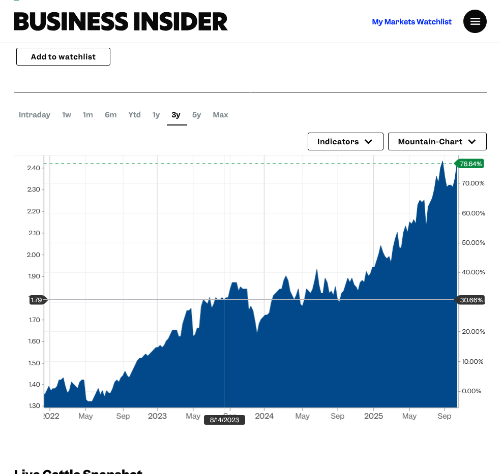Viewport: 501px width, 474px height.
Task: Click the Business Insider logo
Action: pos(121,21)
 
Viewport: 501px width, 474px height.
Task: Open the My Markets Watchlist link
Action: pos(411,22)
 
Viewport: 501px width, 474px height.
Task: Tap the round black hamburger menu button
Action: pos(475,21)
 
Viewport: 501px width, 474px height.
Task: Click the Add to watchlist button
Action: pos(63,56)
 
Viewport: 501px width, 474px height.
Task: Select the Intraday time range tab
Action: pos(35,115)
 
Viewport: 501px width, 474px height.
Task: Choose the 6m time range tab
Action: pos(110,115)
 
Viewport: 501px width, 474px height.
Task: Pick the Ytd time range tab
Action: pos(134,115)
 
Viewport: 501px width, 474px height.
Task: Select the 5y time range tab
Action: pos(196,115)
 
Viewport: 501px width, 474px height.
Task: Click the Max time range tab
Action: pos(220,115)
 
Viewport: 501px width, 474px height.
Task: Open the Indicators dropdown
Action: pos(345,142)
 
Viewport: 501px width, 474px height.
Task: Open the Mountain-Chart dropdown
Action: pos(437,142)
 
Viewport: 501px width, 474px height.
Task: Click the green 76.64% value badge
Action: pos(470,164)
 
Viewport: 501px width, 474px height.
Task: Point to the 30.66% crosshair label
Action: pos(471,300)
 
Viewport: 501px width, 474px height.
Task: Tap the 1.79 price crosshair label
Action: pos(37,300)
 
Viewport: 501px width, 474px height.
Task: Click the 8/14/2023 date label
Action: pos(224,420)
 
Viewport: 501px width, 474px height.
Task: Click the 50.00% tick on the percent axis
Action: pos(473,242)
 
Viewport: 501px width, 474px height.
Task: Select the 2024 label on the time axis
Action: pos(264,416)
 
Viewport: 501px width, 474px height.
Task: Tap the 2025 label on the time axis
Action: pos(373,416)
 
